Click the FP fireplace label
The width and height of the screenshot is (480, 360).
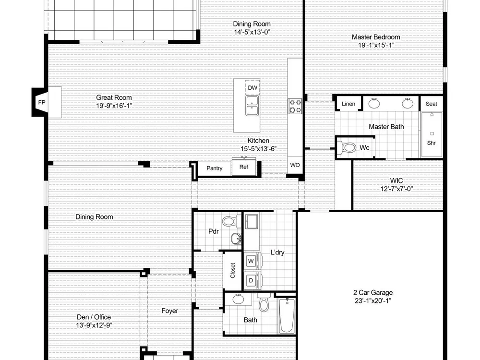pyautogui.click(x=42, y=102)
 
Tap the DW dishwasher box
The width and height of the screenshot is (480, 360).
pyautogui.click(x=252, y=88)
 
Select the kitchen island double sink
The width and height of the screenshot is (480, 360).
pyautogui.click(x=252, y=106)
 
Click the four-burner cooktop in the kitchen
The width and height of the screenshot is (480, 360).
pyautogui.click(x=295, y=106)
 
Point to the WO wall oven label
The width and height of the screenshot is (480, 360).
pyautogui.click(x=295, y=165)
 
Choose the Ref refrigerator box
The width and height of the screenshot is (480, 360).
pyautogui.click(x=244, y=167)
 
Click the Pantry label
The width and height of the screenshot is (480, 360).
pyautogui.click(x=214, y=168)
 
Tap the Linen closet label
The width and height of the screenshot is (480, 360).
pyautogui.click(x=348, y=104)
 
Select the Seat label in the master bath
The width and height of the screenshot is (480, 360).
pyautogui.click(x=432, y=104)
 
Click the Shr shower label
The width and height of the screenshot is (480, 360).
pyautogui.click(x=432, y=143)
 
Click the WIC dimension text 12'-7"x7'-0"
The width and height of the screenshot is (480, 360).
pyautogui.click(x=396, y=189)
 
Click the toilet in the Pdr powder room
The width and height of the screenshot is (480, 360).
pyautogui.click(x=232, y=221)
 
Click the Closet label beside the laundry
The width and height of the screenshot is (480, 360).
pyautogui.click(x=233, y=271)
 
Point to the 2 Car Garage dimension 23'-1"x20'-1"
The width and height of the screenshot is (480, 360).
pyautogui.click(x=373, y=300)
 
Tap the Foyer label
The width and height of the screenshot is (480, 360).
pyautogui.click(x=169, y=311)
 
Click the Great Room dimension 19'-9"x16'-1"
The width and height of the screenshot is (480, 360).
pyautogui.click(x=114, y=106)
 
